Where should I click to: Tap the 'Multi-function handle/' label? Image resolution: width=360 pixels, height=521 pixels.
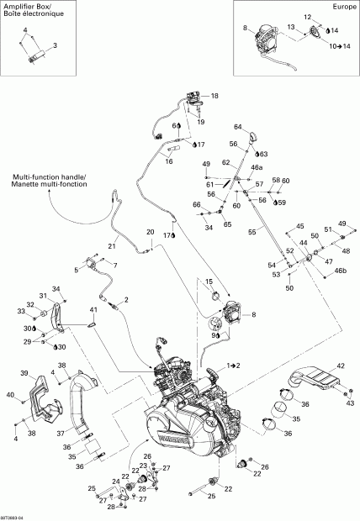(48, 176)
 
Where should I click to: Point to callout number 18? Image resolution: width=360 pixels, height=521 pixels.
(214, 97)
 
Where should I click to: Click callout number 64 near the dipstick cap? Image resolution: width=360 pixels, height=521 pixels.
(238, 127)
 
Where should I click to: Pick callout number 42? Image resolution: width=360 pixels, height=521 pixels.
(341, 366)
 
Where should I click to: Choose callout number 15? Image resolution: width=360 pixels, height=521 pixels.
(209, 281)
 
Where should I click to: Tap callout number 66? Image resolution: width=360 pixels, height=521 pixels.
(196, 205)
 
